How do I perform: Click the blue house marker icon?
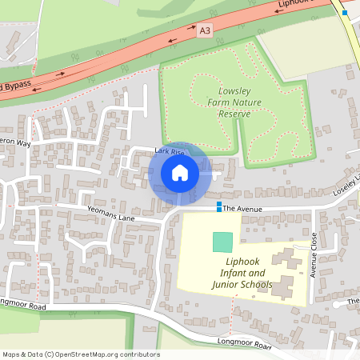180,172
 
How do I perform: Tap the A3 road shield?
206,30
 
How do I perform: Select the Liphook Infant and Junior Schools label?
242,273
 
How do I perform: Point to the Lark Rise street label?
170,151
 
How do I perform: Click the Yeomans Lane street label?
111,217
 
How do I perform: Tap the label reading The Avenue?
242,208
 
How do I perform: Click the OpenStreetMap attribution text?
81,354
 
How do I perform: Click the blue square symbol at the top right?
345,13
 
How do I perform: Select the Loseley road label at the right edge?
347,189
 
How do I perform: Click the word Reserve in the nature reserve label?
234,114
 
